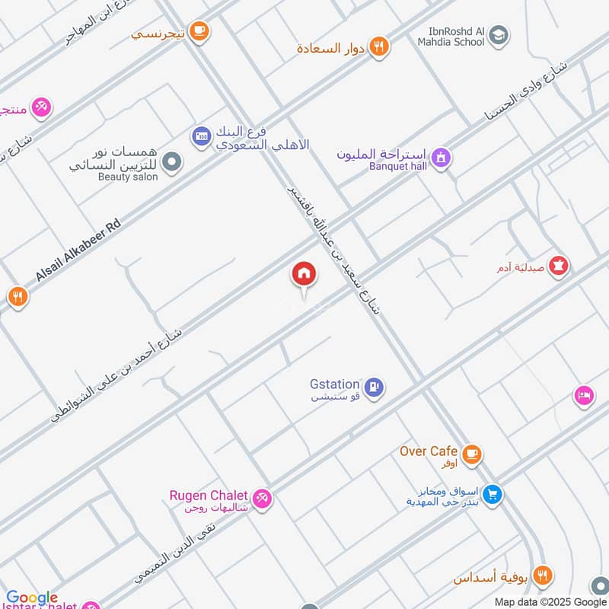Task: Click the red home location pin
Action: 303,273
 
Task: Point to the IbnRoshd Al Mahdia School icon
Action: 499,34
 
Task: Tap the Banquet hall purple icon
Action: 440,158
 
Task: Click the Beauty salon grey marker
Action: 173,161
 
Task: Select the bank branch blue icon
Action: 201,136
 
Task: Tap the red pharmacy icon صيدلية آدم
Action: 560,266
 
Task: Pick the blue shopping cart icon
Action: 493,495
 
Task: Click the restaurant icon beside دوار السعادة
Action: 379,48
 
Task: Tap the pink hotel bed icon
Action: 584,396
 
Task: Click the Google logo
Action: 32,598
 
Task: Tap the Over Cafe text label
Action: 429,451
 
